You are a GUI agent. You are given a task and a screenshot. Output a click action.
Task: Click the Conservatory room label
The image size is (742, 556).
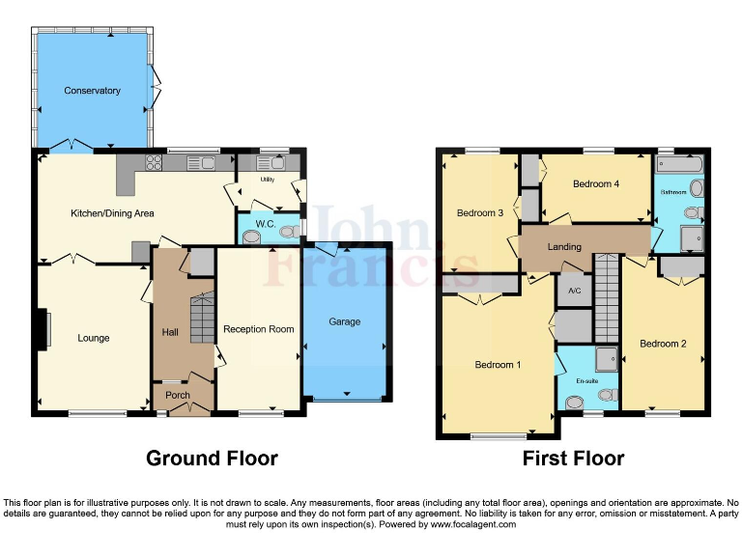[x=92, y=91]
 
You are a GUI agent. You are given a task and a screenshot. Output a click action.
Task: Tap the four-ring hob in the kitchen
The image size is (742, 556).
[x=153, y=162]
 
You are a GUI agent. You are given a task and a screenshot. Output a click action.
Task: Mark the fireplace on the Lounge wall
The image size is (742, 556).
[x=43, y=328]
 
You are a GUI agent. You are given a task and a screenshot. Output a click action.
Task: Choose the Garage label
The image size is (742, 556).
[x=345, y=321]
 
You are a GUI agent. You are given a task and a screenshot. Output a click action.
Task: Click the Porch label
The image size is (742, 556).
[x=178, y=396]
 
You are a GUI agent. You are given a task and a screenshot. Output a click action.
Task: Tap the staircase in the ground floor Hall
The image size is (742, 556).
[x=202, y=320]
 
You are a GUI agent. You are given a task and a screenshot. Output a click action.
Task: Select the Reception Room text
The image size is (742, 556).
[x=258, y=329]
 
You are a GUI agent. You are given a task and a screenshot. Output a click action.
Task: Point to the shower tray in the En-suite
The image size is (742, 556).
[x=606, y=359]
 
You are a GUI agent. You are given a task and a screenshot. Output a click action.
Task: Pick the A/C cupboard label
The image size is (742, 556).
[x=574, y=291]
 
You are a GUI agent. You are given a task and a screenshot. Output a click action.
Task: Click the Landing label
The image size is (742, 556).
[x=564, y=247]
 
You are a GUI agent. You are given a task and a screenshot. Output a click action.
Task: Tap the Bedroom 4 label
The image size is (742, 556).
[x=595, y=184]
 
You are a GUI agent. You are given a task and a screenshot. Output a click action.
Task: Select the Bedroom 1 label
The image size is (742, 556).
[x=498, y=365]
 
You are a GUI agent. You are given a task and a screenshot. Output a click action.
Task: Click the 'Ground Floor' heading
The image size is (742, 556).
[x=212, y=459]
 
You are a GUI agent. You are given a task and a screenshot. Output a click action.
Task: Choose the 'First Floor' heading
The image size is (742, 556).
[x=573, y=459]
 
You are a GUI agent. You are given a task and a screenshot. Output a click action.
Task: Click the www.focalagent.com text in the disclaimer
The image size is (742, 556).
[x=472, y=525]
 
